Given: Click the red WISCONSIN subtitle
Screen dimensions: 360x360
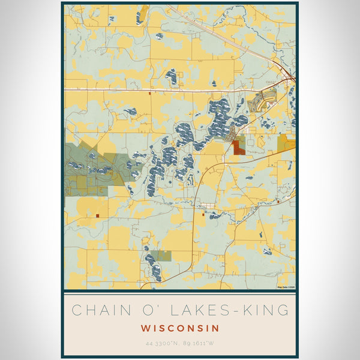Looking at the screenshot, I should pyautogui.click(x=180, y=329).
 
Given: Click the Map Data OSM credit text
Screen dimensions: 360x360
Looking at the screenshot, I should pyautogui.click(x=286, y=287).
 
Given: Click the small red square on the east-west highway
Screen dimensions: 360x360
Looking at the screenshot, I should pyautogui.click(x=149, y=92).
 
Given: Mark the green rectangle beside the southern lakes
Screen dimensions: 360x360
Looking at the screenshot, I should pyautogui.click(x=161, y=256).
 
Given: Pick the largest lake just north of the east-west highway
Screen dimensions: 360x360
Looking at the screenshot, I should pyautogui.click(x=171, y=77).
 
